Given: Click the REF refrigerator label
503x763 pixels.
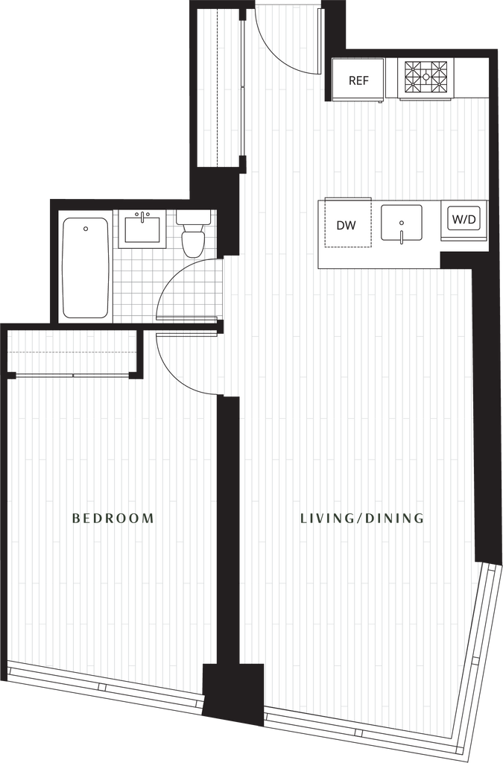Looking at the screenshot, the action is [358, 80].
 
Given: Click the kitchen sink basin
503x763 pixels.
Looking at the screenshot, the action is [401, 222].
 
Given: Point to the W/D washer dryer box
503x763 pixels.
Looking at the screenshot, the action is [464, 220].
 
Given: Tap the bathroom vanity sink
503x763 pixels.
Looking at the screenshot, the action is [144, 227].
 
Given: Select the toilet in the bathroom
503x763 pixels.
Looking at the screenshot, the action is [194, 235].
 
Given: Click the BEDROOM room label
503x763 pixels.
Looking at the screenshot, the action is [113, 518].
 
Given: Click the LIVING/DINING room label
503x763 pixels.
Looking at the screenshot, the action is [361, 518].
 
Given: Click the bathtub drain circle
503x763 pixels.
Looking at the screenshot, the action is [86, 229].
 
